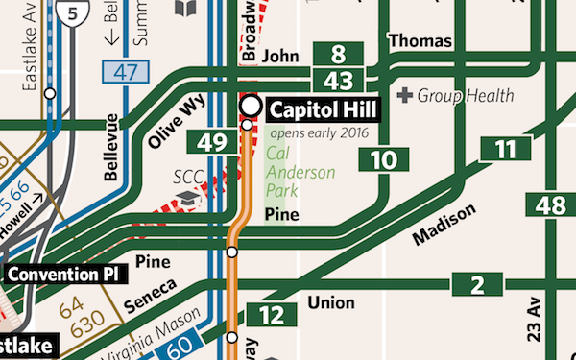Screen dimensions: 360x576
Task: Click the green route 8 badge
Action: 337,55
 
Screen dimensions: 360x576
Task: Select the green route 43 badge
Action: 337,82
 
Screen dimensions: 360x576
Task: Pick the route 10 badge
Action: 382,159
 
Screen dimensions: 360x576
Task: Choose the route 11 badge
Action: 505,149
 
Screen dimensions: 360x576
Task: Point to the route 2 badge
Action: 477,284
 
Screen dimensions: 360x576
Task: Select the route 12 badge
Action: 272,314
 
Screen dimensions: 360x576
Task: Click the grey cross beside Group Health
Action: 405,95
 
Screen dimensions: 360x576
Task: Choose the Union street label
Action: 331,303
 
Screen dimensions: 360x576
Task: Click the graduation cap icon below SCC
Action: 187,197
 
